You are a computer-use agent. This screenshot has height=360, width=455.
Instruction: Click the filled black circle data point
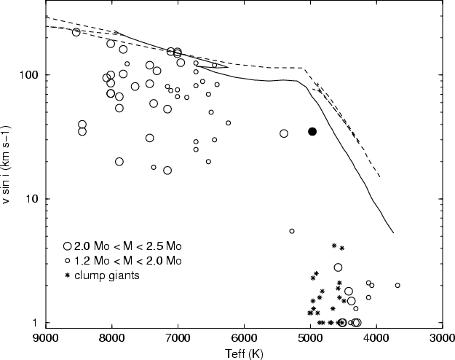[x=312, y=132]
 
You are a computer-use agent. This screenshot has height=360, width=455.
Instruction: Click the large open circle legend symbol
[x=68, y=247]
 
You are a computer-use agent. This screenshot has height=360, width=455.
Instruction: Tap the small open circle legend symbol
[x=68, y=261]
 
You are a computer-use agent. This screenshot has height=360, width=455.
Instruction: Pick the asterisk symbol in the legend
[x=68, y=275]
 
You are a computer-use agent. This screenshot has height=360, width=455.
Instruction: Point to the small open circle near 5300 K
[x=292, y=231]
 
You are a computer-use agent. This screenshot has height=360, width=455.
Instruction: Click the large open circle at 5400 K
[x=284, y=133]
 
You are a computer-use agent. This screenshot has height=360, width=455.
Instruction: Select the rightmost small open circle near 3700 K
[x=397, y=286]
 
